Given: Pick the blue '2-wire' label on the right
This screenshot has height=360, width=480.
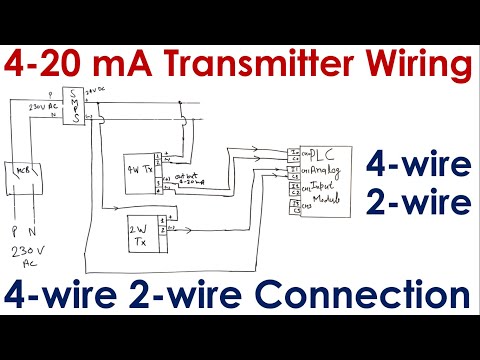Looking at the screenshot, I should (x=417, y=204).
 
